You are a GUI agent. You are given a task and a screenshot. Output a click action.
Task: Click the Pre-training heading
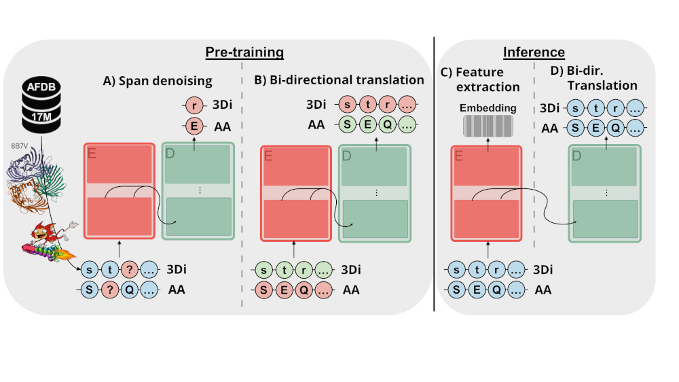245,52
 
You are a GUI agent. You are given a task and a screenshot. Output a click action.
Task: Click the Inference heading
534,52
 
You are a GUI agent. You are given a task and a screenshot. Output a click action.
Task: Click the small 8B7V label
18,145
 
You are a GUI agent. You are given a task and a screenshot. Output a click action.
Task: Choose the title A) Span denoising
158,81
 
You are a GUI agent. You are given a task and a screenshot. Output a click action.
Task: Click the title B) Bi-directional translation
339,80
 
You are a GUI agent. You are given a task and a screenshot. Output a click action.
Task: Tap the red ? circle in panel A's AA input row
111,290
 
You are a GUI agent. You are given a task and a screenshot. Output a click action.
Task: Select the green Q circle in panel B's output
387,125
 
